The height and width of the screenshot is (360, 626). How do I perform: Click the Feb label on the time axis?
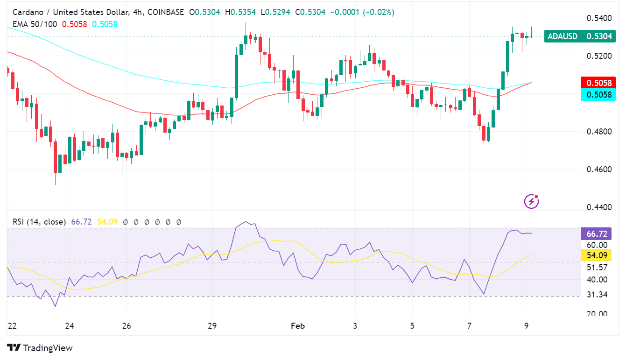297,326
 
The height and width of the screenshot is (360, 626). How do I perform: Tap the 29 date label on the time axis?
212,326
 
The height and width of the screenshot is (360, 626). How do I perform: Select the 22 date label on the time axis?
12,326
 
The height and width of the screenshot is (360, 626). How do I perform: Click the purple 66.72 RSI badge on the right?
596,233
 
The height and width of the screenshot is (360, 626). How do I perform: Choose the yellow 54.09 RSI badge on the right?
596,255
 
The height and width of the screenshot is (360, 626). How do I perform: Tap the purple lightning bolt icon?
532,201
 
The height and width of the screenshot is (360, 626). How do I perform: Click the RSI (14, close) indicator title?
39,222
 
